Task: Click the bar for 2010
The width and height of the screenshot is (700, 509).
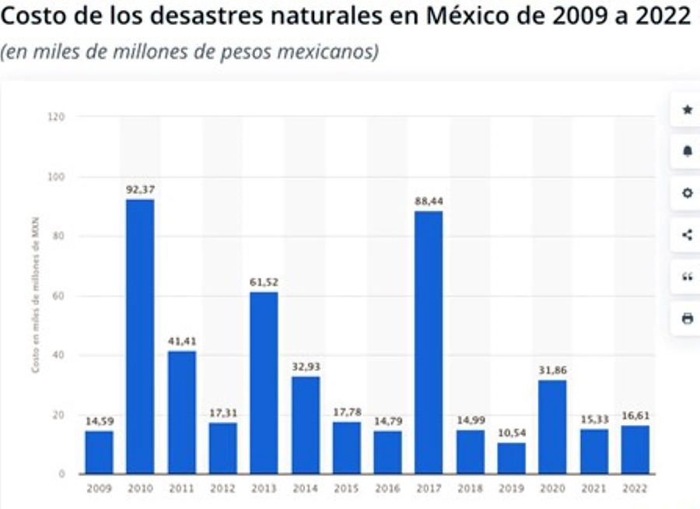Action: click(x=140, y=336)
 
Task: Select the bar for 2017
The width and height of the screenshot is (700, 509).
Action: click(x=429, y=342)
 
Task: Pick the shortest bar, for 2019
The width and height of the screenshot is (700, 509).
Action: click(x=511, y=458)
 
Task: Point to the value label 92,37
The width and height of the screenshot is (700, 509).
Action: click(x=140, y=189)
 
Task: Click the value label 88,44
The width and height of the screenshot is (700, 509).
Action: click(x=429, y=201)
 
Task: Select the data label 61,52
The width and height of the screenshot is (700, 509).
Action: click(x=264, y=282)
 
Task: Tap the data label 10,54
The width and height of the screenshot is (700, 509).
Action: click(x=511, y=433)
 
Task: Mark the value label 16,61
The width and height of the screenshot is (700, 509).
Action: click(x=635, y=415)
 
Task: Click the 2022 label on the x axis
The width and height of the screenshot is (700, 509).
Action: click(x=635, y=489)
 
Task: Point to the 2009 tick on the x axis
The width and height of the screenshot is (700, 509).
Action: click(x=100, y=489)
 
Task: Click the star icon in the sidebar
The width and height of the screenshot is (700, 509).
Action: click(x=687, y=110)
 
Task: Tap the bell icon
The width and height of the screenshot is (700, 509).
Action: click(x=687, y=151)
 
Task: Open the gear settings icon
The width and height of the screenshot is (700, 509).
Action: click(x=687, y=193)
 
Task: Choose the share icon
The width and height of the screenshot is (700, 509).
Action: click(x=687, y=234)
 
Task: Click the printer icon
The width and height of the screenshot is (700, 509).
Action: click(x=687, y=318)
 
